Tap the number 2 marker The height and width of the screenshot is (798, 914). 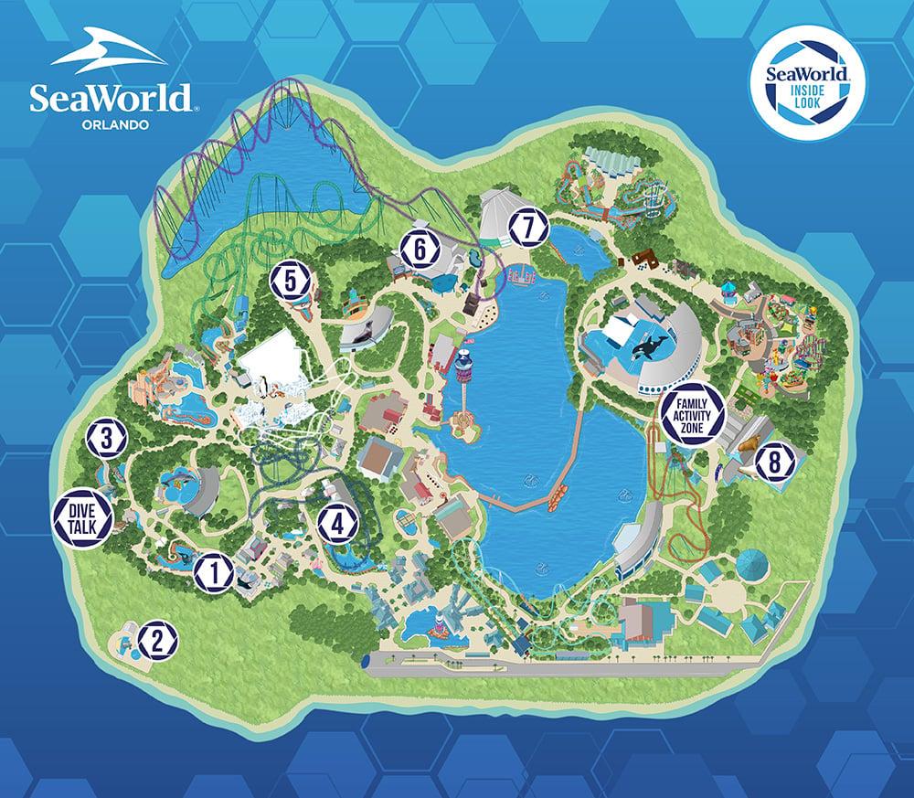coord(158,639)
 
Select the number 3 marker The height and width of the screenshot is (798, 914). coord(106,439)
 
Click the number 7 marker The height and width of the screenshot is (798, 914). coord(527,228)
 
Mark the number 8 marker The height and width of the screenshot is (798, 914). coord(774,463)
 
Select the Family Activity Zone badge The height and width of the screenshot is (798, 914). coord(693,415)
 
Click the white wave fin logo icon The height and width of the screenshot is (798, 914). coord(108,53)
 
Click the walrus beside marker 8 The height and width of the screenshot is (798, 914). coord(744,449)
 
